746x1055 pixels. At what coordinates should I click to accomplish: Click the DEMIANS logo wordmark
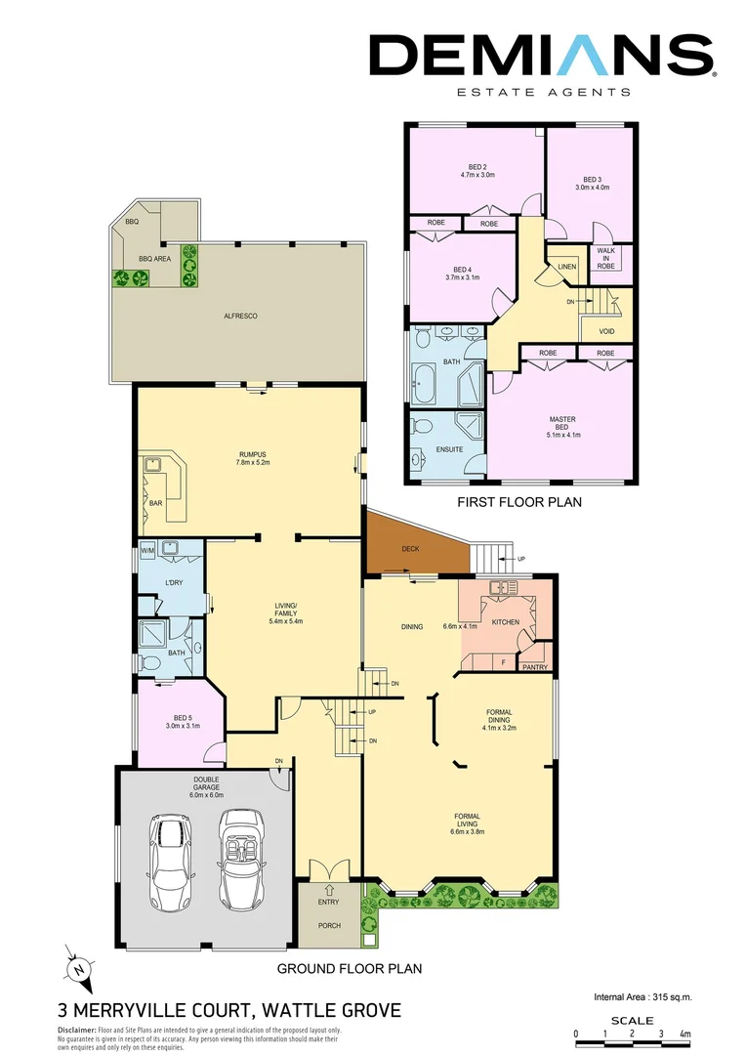(541, 56)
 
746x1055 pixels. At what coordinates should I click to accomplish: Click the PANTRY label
(535, 667)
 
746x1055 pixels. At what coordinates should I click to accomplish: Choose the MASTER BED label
(562, 424)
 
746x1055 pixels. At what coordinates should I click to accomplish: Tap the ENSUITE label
(449, 449)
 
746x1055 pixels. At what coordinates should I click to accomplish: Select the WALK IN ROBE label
(605, 258)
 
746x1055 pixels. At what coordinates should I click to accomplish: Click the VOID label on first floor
(606, 331)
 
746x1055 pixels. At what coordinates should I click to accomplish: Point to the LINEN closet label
(567, 266)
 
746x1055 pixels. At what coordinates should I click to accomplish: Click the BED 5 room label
(182, 720)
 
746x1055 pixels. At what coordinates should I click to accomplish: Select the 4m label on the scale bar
(684, 1034)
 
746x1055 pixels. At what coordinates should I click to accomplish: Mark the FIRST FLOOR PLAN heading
(519, 503)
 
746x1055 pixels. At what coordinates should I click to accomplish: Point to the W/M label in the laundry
(147, 551)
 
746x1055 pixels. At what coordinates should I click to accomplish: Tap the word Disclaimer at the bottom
(76, 1030)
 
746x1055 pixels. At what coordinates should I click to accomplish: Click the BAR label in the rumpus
(155, 503)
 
